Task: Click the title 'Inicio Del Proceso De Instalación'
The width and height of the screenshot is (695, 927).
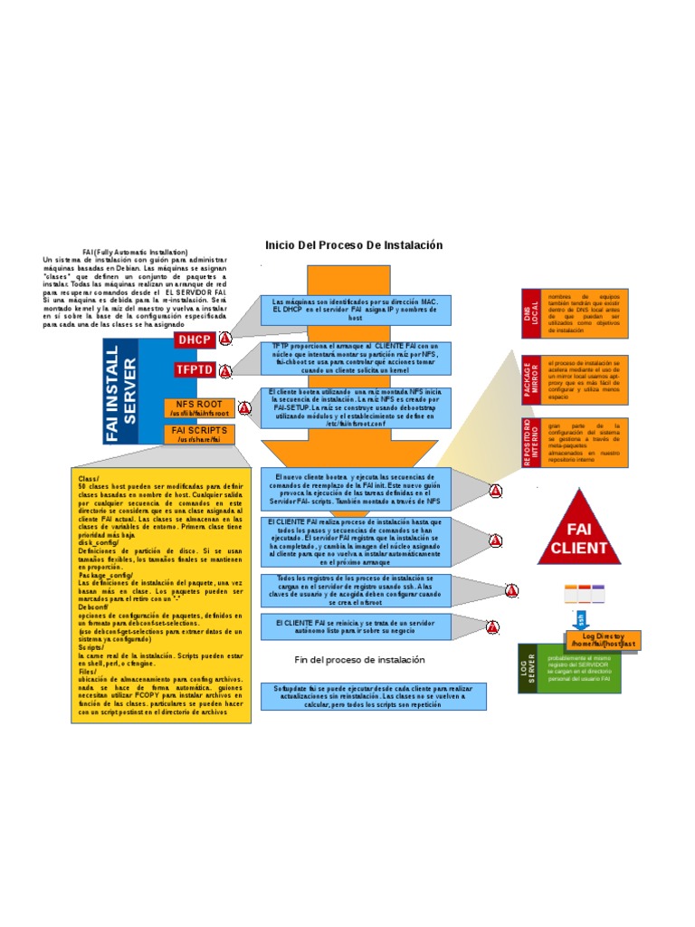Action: [x=354, y=245]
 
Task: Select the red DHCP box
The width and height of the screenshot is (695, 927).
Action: [x=194, y=339]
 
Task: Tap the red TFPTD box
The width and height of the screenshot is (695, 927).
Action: [x=194, y=369]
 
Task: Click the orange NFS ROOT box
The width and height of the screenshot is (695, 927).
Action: [x=198, y=408]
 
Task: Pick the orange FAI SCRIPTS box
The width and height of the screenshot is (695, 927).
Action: [x=199, y=435]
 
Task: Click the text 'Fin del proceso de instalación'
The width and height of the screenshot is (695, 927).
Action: [x=360, y=660]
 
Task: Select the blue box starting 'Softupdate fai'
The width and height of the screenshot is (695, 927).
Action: [x=373, y=696]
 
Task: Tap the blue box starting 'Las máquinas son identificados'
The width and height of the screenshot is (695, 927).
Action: [x=356, y=310]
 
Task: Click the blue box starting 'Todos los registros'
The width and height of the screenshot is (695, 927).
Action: [x=356, y=590]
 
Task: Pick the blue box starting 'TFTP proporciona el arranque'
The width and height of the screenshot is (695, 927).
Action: [x=356, y=358]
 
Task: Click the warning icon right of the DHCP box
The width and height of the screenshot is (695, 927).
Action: [x=225, y=339]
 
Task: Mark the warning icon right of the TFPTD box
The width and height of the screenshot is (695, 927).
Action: [x=225, y=370]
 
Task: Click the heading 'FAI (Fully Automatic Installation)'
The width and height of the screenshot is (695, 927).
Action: [x=135, y=252]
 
